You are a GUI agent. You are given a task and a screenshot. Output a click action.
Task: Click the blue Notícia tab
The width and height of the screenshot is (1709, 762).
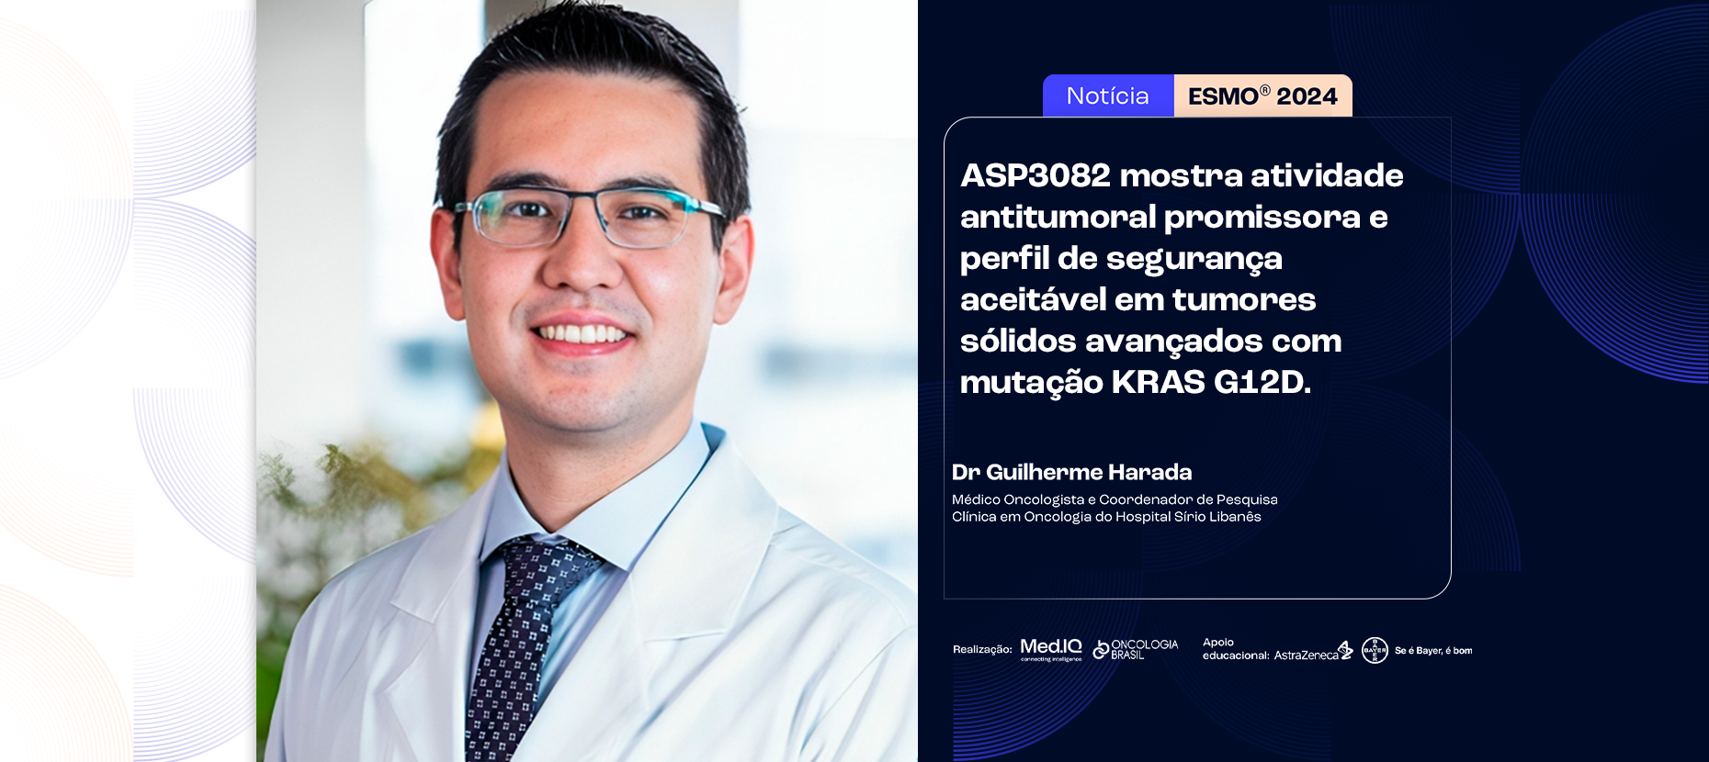pos(1108,95)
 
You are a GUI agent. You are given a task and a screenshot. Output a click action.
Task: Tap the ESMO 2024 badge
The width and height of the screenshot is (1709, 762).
pos(1263,95)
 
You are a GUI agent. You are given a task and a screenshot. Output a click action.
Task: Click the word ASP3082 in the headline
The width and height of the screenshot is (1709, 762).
pos(1036,175)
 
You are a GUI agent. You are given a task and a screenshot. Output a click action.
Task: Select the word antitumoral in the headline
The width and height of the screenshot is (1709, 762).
pos(1058,217)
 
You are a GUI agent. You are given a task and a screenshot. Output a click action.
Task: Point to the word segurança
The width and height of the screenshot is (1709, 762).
pos(1194,259)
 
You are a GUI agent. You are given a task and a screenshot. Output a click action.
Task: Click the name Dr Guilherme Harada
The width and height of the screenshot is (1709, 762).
pos(1071,472)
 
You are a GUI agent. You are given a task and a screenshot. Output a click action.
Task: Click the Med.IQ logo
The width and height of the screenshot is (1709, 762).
pos(1051,649)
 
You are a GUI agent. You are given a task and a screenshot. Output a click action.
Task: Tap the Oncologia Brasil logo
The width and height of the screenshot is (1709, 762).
pos(1136,649)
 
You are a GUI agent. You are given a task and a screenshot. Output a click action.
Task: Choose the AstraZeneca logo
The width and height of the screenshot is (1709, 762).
pos(1313,651)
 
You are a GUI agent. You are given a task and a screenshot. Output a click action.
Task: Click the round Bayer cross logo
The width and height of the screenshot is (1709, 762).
pos(1375,650)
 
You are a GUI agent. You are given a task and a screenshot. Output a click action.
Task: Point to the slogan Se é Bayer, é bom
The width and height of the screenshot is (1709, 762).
pos(1433,651)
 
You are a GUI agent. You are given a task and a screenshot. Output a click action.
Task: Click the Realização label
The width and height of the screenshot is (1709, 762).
pos(982,650)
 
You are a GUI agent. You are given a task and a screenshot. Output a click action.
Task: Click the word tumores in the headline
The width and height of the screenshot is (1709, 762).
pos(1244,299)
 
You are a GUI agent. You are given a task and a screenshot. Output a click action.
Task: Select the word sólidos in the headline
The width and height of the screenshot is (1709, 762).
pos(1018,341)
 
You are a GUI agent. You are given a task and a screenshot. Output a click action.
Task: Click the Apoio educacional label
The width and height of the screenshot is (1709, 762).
pos(1236,649)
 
